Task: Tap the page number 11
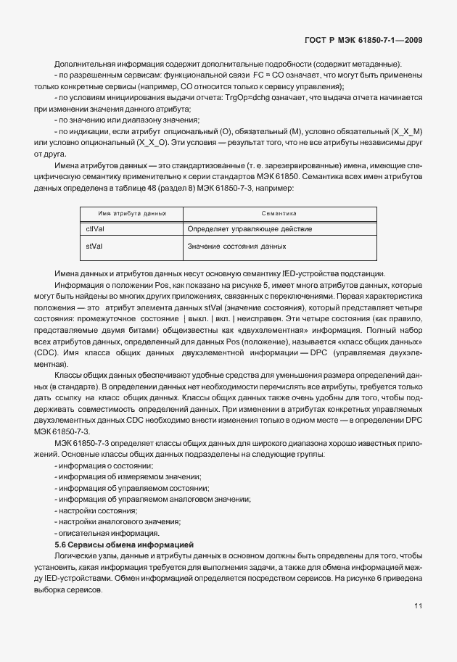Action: coord(419,607)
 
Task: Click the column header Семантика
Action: coord(279,214)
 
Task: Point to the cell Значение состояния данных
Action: coord(236,247)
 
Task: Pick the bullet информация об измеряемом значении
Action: coord(120,476)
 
